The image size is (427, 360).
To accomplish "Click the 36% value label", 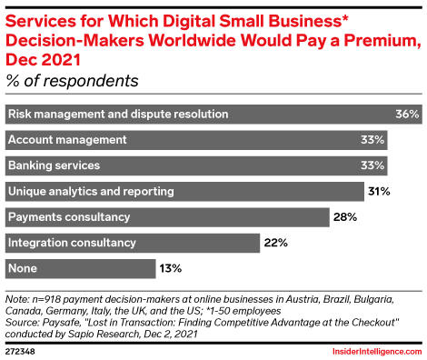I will [407, 115].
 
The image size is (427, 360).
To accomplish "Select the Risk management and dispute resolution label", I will [117, 115].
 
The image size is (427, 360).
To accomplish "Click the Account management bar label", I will [66, 140].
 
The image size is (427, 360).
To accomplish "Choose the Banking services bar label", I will [54, 166].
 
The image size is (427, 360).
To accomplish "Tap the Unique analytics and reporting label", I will [90, 192].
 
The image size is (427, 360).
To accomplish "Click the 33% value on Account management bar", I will [372, 140].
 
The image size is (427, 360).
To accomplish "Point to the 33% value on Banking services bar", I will [372, 166].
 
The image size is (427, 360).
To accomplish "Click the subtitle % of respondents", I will [73, 81].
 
